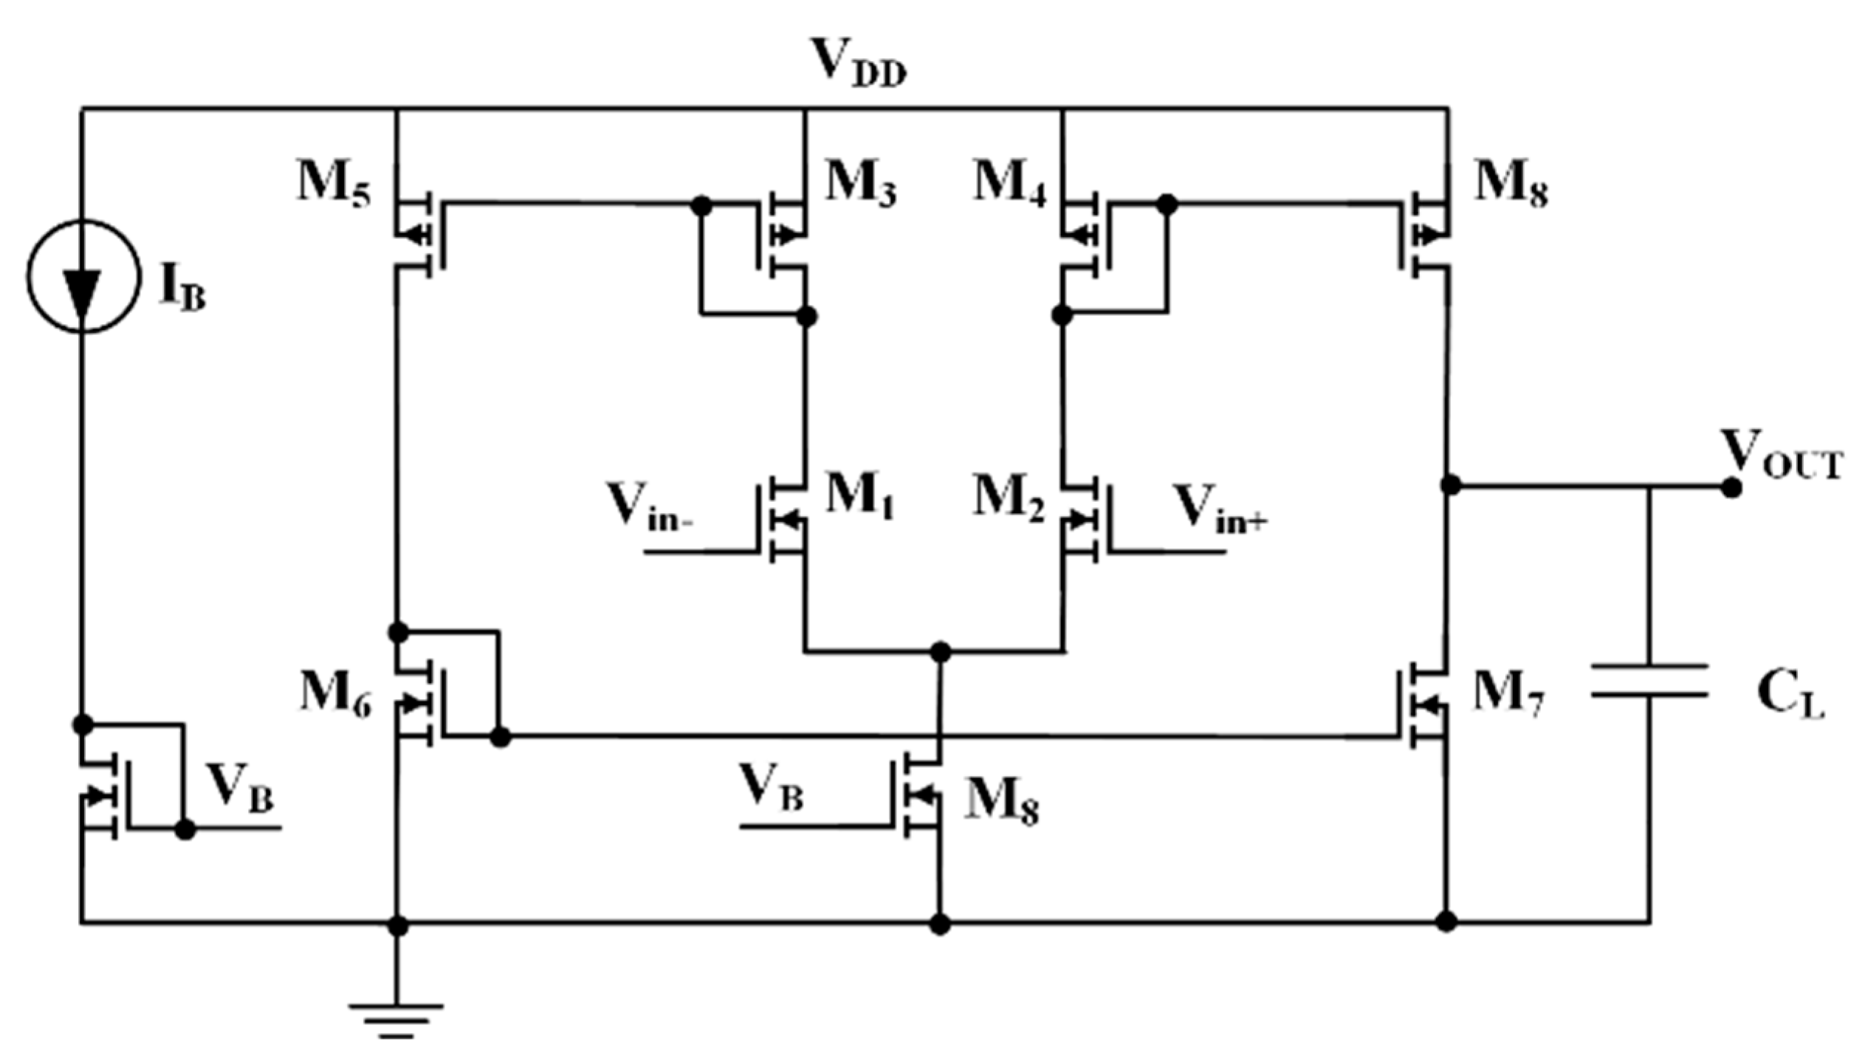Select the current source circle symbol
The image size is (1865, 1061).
(x=83, y=276)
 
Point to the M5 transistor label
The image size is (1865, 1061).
(x=334, y=185)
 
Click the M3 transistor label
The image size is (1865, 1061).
(x=860, y=185)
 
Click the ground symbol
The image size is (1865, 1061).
(x=397, y=1019)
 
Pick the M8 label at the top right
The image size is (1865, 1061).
(x=1511, y=185)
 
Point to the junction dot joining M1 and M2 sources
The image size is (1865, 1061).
(x=940, y=652)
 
